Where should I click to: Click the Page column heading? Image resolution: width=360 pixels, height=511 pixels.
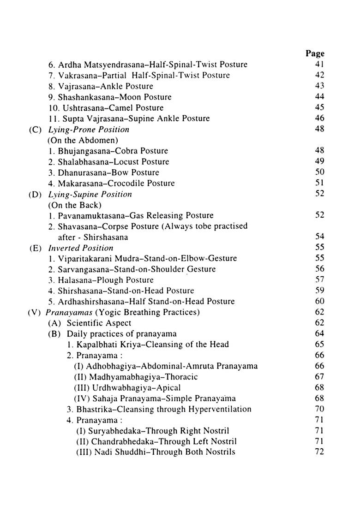(x=315, y=53)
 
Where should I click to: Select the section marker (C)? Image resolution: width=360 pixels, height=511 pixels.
(x=36, y=130)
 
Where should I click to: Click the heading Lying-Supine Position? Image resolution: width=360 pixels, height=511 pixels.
(x=90, y=194)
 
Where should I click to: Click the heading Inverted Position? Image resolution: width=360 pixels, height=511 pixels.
(x=81, y=248)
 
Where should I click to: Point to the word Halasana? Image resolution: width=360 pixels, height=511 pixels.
(x=73, y=280)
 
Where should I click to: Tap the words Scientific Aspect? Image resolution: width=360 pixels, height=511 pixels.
(x=99, y=323)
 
